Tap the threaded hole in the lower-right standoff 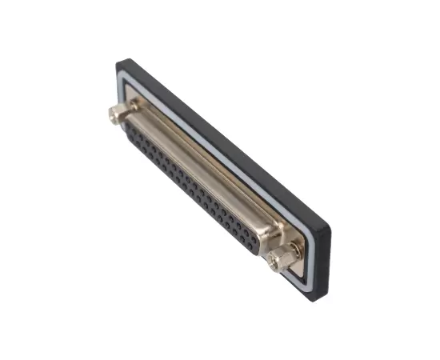point(278,261)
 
